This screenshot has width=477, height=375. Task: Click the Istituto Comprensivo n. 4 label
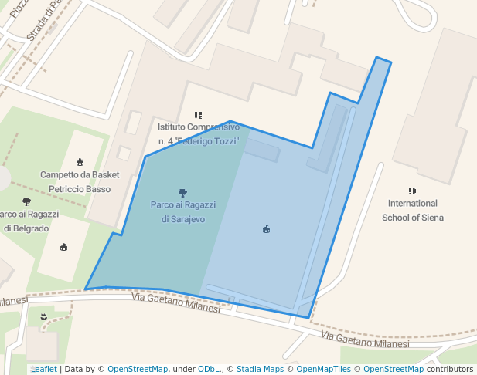(x=199, y=133)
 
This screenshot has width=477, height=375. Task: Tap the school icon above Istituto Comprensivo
(x=199, y=115)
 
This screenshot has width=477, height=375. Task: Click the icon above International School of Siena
(x=412, y=191)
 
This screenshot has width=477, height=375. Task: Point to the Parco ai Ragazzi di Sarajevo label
(x=183, y=212)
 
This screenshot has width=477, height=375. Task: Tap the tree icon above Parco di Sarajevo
(x=182, y=193)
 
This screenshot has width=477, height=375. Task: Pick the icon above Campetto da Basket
(x=80, y=162)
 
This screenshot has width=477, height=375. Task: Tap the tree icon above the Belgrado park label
(x=26, y=201)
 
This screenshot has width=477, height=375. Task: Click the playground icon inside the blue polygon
(x=266, y=229)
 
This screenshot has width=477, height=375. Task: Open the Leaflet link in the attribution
(x=43, y=370)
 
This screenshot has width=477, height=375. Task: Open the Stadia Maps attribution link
(x=260, y=370)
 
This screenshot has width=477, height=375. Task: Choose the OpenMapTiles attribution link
(x=323, y=370)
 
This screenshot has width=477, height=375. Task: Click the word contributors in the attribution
(x=449, y=370)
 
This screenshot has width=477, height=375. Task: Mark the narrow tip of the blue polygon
(x=383, y=60)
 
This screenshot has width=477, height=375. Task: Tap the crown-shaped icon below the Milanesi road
(x=44, y=316)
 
